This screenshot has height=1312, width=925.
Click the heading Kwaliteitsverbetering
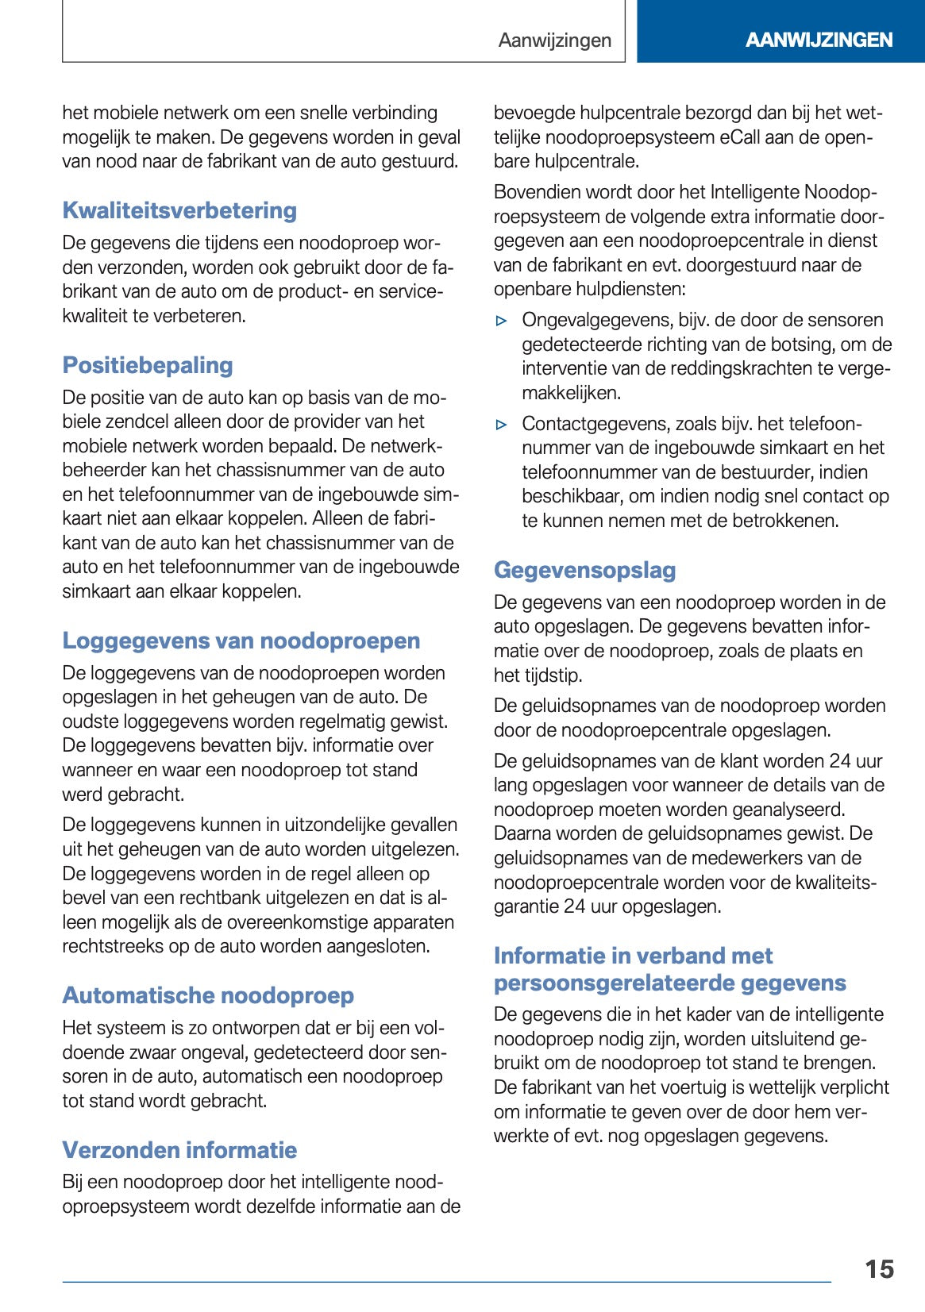179,210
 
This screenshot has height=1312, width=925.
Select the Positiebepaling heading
148,365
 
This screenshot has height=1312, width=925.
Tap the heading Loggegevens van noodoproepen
241,641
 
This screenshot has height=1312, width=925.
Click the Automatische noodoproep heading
208,995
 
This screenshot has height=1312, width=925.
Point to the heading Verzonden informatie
179,1150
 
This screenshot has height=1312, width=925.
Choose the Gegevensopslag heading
584,570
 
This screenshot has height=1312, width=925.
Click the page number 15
879,1269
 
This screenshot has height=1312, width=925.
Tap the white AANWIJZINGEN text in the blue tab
819,40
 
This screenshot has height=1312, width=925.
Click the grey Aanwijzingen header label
554,40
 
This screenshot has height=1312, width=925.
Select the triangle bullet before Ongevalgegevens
501,321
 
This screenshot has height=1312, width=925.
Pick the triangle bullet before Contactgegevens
501,425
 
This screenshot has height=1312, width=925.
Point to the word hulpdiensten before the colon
630,289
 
